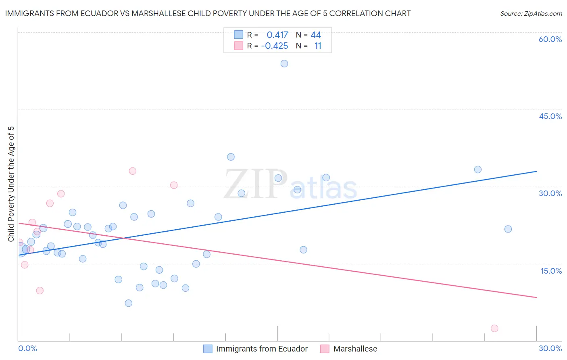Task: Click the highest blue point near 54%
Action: (284, 63)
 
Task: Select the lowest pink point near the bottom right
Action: (494, 329)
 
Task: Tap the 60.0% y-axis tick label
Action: (550, 39)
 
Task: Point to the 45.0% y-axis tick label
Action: (550, 116)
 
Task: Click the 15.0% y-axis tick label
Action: (551, 271)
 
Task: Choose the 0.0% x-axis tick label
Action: (27, 348)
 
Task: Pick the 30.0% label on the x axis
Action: (550, 348)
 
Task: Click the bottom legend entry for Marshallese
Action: (355, 349)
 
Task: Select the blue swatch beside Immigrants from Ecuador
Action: (208, 349)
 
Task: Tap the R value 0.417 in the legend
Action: (277, 35)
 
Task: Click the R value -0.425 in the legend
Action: (275, 46)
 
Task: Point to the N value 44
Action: (316, 35)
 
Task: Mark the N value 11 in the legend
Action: (318, 46)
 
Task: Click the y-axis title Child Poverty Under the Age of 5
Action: (11, 184)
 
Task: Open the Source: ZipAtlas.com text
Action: (531, 13)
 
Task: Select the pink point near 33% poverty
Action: (132, 171)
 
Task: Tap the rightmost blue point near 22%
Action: (508, 229)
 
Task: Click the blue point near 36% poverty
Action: (231, 157)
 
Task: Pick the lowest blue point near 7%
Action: (129, 303)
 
